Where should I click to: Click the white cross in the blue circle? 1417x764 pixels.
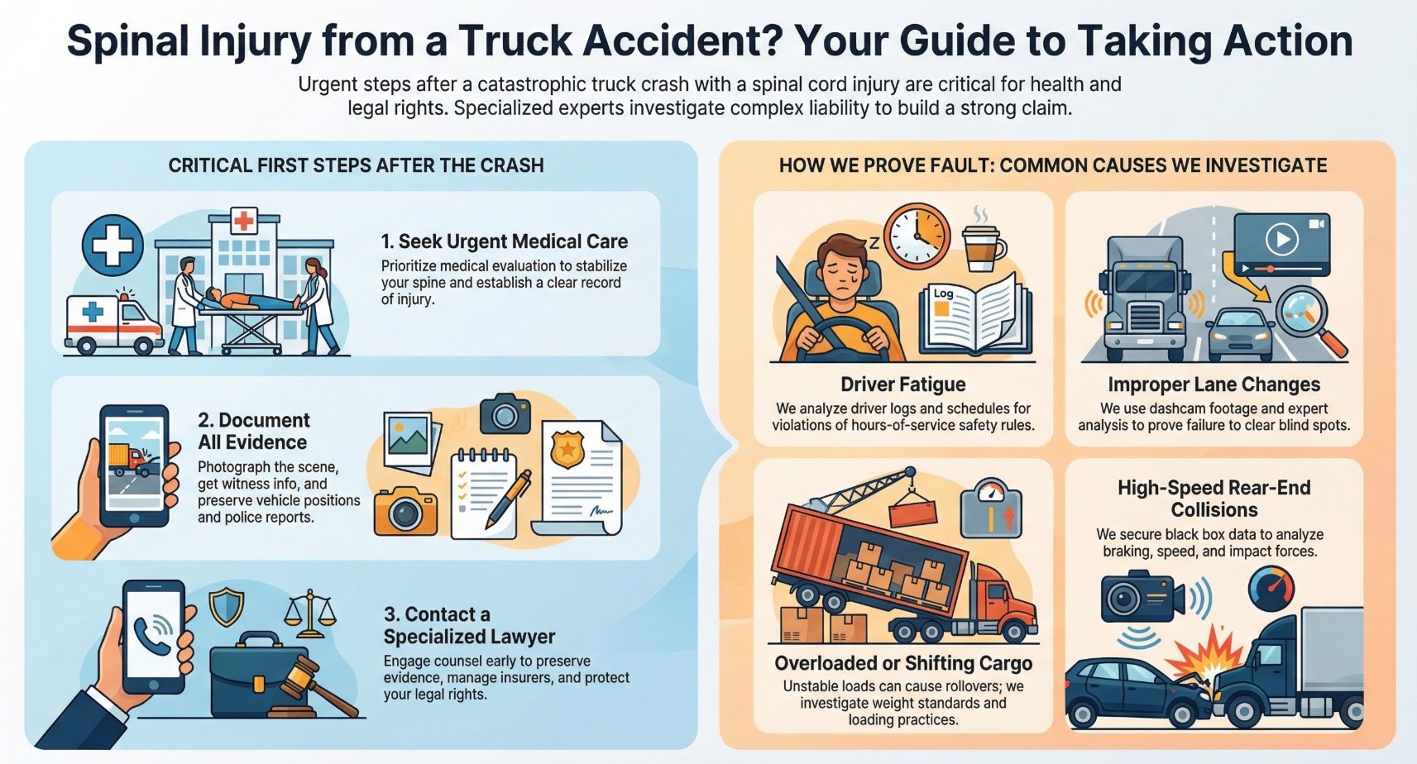tap(112, 246)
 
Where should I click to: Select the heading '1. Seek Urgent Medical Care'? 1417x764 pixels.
tap(504, 241)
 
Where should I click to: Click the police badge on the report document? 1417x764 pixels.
tap(567, 449)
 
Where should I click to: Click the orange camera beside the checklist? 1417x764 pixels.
tap(405, 510)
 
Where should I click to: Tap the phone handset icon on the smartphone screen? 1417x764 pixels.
tap(154, 634)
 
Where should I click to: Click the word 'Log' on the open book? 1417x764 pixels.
tap(943, 293)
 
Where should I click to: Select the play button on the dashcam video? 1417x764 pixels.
tap(1281, 240)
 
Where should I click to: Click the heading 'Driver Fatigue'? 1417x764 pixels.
tap(902, 384)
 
